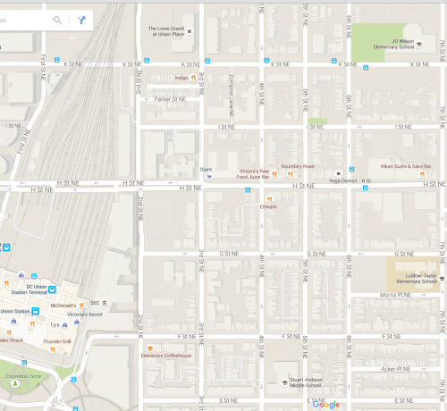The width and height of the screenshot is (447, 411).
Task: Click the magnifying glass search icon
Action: (x=58, y=19)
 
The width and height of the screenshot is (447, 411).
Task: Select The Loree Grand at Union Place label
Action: (x=165, y=31)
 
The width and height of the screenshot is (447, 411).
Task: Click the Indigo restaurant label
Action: (x=181, y=78)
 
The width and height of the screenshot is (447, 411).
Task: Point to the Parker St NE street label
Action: (x=169, y=99)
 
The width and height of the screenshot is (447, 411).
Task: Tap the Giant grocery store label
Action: (x=205, y=169)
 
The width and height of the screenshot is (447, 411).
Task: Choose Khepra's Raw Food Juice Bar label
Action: (x=253, y=173)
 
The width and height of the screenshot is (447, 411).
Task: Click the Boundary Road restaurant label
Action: (x=298, y=166)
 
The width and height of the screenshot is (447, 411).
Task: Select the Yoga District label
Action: (x=342, y=180)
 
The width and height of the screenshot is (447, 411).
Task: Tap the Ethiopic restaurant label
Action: (x=268, y=206)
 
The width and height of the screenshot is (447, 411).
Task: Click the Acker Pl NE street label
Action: (x=395, y=368)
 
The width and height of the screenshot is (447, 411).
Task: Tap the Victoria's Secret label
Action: (x=92, y=315)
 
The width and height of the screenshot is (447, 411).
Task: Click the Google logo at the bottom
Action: (x=326, y=404)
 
